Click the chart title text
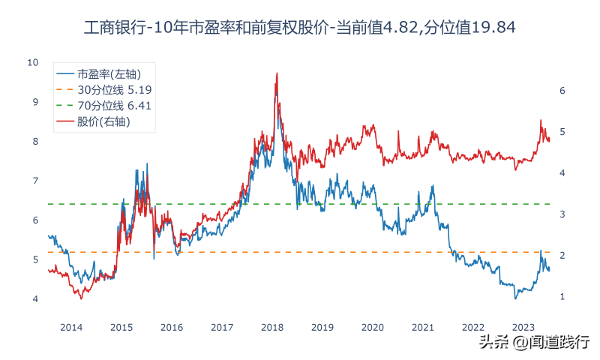(300, 28)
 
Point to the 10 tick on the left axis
(32, 62)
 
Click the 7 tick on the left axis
(34, 181)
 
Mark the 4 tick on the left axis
(34, 299)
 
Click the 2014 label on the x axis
(71, 327)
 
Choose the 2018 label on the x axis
(272, 327)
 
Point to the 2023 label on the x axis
(523, 327)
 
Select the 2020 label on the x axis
(373, 327)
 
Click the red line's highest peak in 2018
(277, 73)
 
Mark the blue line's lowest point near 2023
(515, 298)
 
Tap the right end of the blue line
(549, 270)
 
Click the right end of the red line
(550, 140)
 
